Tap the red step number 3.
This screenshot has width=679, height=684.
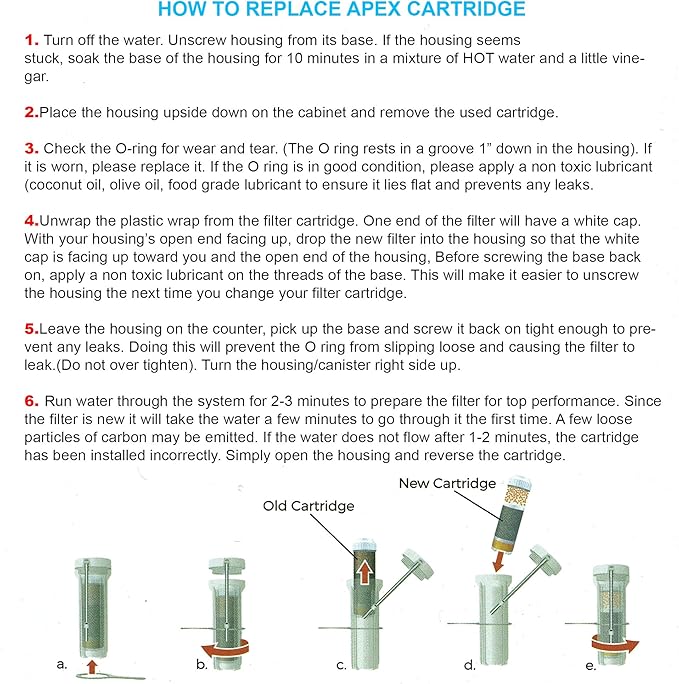pyautogui.click(x=30, y=149)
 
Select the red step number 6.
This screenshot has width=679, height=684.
pyautogui.click(x=30, y=400)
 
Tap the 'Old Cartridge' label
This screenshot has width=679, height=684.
pyautogui.click(x=308, y=506)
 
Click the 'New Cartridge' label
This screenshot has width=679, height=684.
pyautogui.click(x=447, y=483)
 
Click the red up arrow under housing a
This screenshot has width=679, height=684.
pyautogui.click(x=93, y=663)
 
